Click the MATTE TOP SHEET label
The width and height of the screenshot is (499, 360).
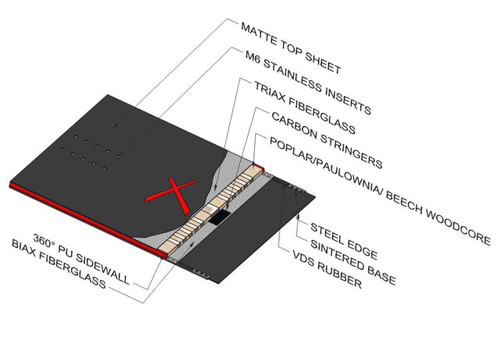291,48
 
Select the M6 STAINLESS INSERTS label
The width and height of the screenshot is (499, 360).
308,83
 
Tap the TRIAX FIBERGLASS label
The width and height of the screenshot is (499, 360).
304,108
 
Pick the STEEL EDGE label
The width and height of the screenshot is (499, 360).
344,241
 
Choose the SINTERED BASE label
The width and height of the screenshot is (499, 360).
353,263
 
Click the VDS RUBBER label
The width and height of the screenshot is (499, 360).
327,269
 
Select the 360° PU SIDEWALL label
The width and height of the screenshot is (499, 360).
81,259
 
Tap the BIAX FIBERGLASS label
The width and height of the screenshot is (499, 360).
58,264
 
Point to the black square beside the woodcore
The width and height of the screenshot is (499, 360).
220,217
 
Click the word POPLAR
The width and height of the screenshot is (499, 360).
293,150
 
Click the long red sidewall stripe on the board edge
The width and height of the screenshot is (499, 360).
88,220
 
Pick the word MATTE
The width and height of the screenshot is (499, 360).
259,33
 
